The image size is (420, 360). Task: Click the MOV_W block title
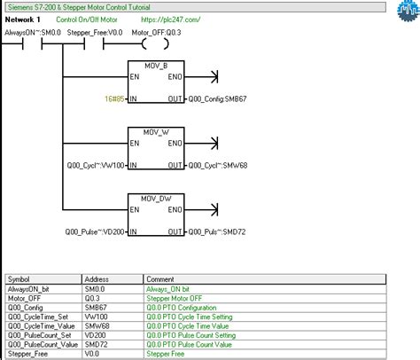pyautogui.click(x=156, y=132)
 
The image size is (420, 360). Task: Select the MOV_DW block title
pyautogui.click(x=156, y=199)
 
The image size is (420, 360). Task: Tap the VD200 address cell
pyautogui.click(x=97, y=335)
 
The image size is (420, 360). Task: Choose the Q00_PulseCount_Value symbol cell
pyautogui.click(x=42, y=345)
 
